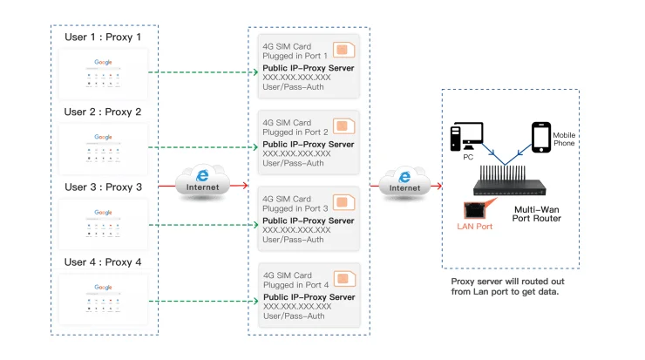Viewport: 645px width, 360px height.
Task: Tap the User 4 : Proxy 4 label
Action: pyautogui.click(x=103, y=262)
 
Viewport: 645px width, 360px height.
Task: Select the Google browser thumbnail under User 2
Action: pyautogui.click(x=104, y=147)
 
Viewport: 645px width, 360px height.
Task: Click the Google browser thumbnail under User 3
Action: pyautogui.click(x=104, y=222)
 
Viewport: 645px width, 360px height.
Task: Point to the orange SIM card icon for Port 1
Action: pyautogui.click(x=345, y=51)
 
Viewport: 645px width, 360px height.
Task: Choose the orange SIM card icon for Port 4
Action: pyautogui.click(x=345, y=277)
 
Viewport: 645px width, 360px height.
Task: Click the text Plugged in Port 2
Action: pyautogui.click(x=295, y=132)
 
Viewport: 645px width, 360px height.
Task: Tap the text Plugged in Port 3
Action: pyautogui.click(x=295, y=208)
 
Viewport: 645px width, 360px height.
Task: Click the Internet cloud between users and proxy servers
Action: pyautogui.click(x=202, y=181)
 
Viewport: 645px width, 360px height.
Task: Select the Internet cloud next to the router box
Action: pyautogui.click(x=404, y=181)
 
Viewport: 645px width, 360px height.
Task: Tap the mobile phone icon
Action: pyautogui.click(x=541, y=137)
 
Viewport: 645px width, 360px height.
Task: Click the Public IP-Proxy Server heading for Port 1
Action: pyautogui.click(x=308, y=66)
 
